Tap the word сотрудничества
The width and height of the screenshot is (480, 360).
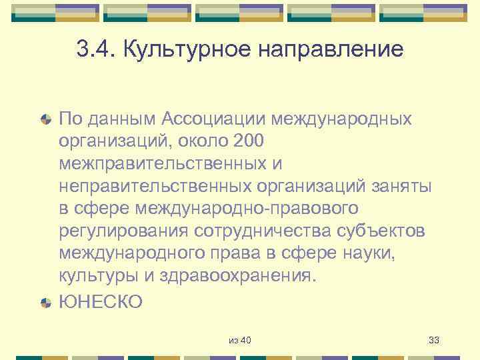click(x=268, y=231)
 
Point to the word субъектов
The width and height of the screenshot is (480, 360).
click(x=387, y=231)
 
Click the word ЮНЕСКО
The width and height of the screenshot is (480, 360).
click(x=101, y=301)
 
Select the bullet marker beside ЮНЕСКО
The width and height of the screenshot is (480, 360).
click(x=46, y=302)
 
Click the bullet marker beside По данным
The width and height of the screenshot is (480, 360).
click(x=46, y=120)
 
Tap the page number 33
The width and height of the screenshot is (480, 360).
click(x=434, y=341)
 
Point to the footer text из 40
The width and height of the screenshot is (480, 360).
click(x=240, y=341)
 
